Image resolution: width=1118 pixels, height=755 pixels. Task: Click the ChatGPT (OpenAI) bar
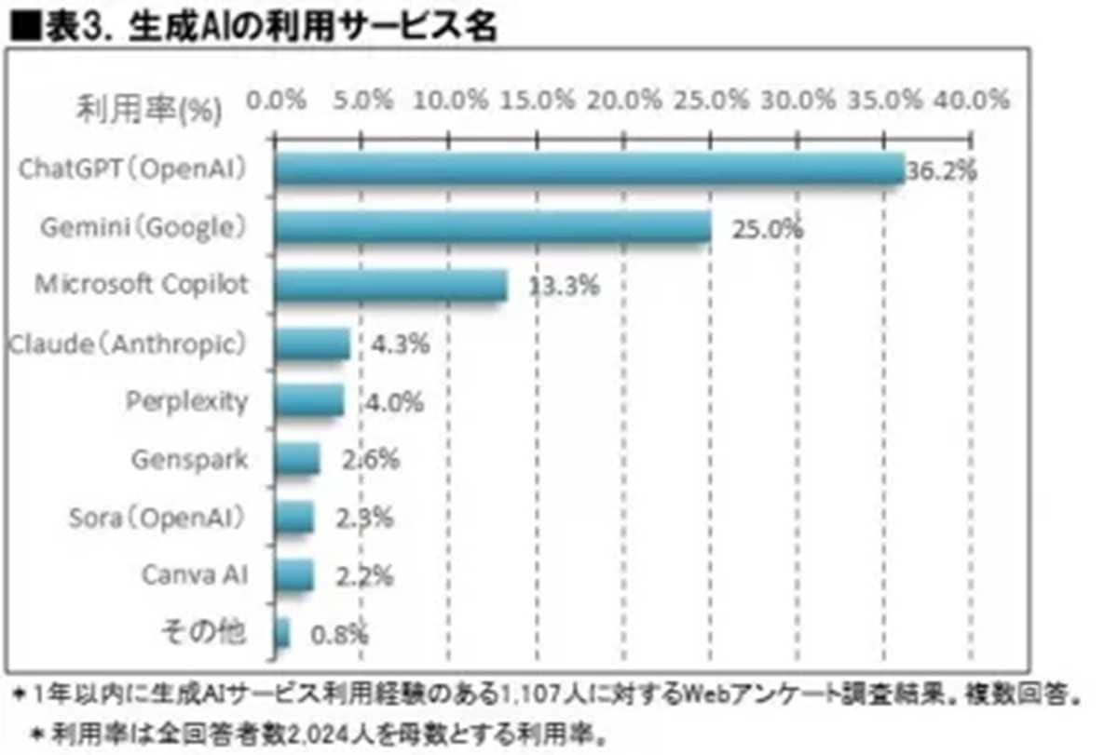click(589, 170)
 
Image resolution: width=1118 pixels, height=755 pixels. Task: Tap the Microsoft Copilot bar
click(391, 285)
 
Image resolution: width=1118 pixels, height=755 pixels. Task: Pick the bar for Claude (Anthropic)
click(312, 344)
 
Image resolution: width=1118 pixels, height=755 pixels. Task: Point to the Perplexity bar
click(309, 401)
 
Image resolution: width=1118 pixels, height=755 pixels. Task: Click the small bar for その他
click(282, 634)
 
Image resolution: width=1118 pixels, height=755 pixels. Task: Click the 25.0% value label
click(767, 229)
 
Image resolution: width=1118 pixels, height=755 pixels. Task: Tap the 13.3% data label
click(564, 287)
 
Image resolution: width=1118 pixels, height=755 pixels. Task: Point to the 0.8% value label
click(339, 636)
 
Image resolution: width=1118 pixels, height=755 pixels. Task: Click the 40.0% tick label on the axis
click(974, 99)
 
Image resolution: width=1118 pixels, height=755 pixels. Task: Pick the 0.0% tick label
click(276, 99)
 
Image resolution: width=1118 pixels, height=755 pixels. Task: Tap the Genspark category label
click(190, 459)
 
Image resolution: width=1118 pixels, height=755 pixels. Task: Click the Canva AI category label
click(195, 574)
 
